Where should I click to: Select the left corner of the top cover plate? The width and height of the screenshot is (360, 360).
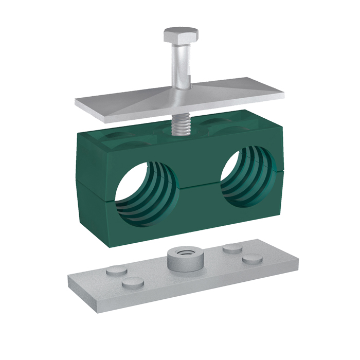pos(77,102)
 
